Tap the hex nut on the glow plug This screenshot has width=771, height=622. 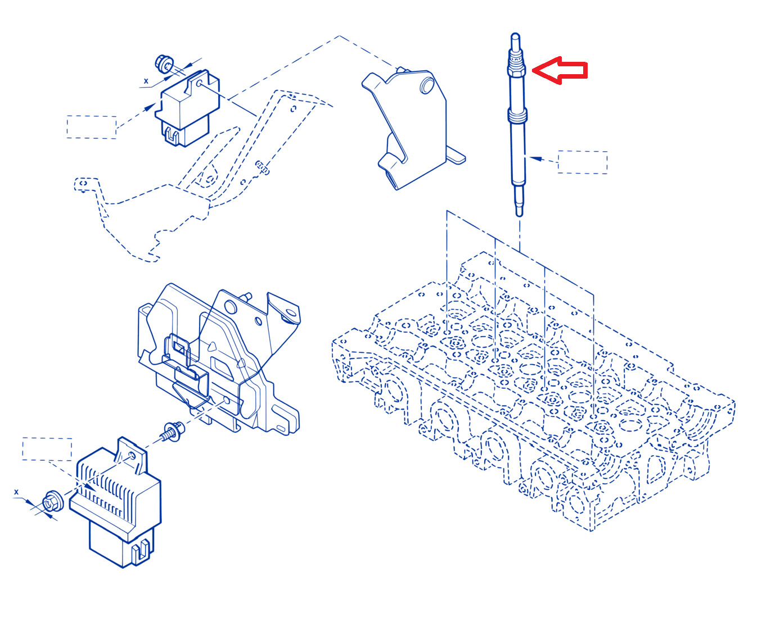pos(517,70)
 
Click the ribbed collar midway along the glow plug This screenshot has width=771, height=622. pos(517,116)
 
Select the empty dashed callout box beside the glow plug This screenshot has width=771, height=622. pos(583,162)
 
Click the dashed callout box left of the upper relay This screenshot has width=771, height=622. pos(92,127)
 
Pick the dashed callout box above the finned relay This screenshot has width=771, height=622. pos(47,449)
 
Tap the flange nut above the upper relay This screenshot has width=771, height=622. pos(164,64)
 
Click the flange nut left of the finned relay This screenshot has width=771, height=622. pos(53,501)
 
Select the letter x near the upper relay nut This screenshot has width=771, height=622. pos(146,81)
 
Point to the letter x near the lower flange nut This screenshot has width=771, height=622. pos(16,492)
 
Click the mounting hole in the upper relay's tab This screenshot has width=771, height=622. pos(199,84)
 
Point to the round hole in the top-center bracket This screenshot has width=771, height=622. pos(427,86)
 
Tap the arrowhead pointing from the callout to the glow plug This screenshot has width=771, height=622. pos(535,158)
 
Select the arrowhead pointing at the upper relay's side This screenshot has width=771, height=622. pos(150,107)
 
